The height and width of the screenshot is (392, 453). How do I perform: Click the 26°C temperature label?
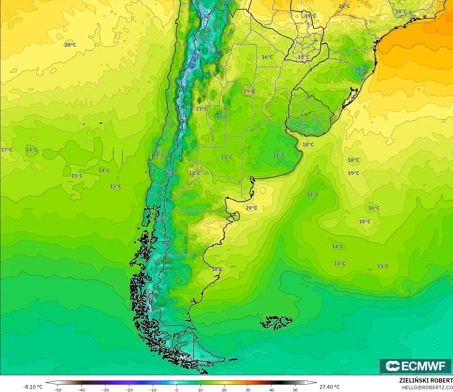(344, 6)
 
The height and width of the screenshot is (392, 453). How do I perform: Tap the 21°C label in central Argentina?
(249, 91)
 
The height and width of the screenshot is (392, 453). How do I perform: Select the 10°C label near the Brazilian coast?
(360, 69)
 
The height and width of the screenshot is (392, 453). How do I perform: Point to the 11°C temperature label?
(279, 155)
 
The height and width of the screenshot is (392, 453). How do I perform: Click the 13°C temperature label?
(226, 157)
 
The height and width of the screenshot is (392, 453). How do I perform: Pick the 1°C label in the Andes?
(183, 116)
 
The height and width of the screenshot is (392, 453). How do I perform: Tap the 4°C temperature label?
(206, 35)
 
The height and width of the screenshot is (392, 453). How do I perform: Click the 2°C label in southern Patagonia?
(150, 298)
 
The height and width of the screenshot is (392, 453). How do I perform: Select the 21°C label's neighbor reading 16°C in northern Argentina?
(267, 57)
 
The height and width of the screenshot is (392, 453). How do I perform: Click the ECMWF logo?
(415, 366)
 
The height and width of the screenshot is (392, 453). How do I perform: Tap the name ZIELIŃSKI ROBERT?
(426, 380)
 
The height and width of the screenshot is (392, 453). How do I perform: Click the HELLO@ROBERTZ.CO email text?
(427, 387)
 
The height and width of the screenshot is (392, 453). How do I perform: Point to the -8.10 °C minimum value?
(33, 387)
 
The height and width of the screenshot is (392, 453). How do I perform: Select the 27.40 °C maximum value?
(329, 387)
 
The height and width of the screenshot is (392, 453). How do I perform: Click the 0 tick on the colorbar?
(177, 390)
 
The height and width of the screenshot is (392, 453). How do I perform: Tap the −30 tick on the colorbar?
(105, 390)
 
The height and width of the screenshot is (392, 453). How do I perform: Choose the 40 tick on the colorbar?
(271, 390)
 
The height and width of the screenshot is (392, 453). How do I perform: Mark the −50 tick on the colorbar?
(57, 390)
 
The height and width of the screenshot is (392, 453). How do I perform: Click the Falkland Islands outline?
(276, 322)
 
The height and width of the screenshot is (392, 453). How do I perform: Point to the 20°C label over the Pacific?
(70, 45)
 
